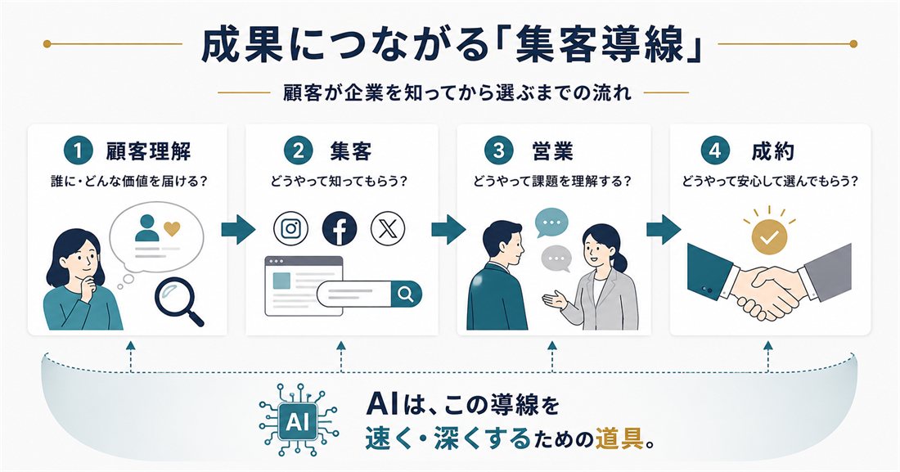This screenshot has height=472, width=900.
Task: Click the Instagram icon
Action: (x=290, y=228)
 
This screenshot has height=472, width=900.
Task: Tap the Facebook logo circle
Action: (x=340, y=228)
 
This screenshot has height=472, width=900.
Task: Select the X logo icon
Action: (x=388, y=228)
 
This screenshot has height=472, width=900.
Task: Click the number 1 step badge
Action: (x=78, y=151)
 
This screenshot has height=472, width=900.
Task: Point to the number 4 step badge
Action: (x=714, y=151)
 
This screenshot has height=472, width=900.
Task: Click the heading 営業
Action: (x=552, y=151)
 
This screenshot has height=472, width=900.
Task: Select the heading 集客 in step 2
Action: (x=351, y=151)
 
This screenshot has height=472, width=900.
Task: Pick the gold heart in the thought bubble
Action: (x=172, y=228)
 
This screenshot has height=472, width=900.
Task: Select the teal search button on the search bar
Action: (x=406, y=294)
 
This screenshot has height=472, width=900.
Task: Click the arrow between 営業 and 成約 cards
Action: (x=663, y=229)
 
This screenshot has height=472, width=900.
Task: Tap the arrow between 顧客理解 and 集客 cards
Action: (x=238, y=230)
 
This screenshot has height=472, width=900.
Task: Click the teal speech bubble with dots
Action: (x=551, y=223)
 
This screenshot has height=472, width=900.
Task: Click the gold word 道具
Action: (x=620, y=439)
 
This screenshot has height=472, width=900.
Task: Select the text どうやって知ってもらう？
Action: (x=340, y=182)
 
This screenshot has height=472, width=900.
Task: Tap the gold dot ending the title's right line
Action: (x=853, y=43)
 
